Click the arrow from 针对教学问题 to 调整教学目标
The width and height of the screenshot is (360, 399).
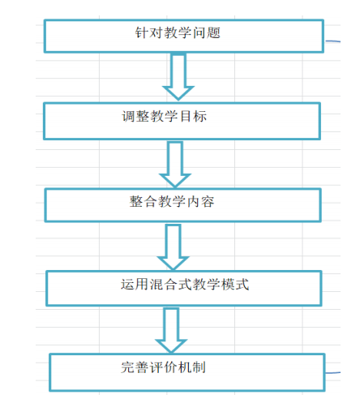pyautogui.click(x=178, y=76)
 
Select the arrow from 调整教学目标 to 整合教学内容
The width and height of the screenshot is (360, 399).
pyautogui.click(x=175, y=165)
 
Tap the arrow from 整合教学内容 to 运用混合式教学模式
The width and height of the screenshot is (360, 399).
pyautogui.click(x=173, y=247)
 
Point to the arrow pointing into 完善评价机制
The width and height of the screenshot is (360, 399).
pyautogui.click(x=171, y=330)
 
